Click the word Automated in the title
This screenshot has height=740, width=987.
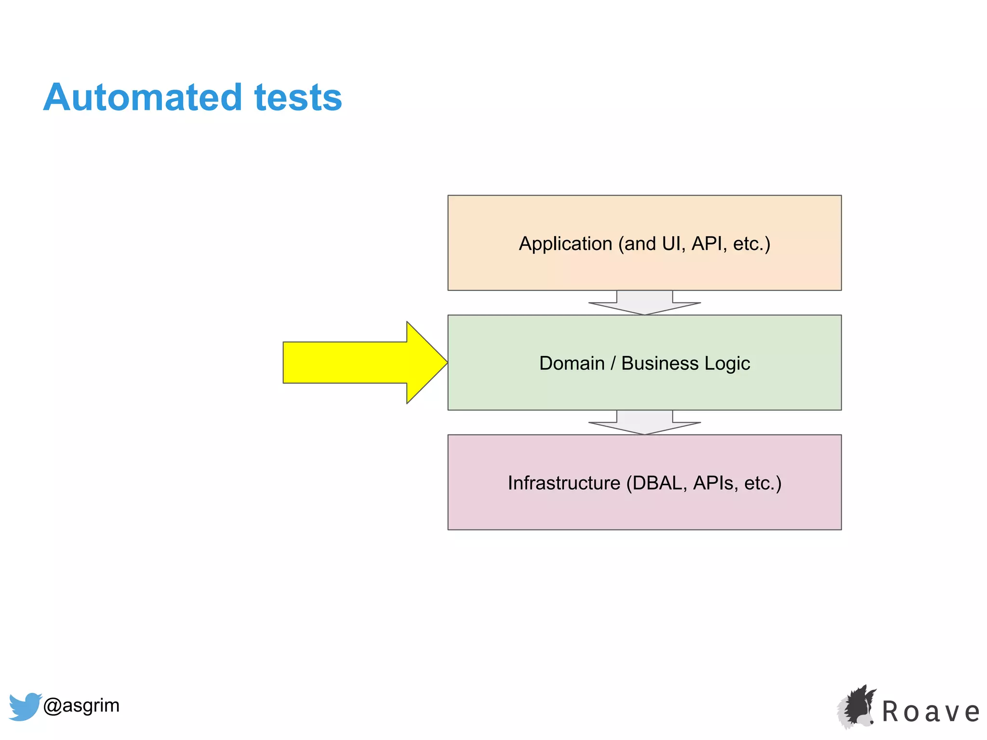point(143,98)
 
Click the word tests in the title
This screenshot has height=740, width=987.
point(298,98)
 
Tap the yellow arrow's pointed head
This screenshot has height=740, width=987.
point(427,362)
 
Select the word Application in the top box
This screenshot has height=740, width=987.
point(565,244)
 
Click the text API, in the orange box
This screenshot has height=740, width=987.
point(708,244)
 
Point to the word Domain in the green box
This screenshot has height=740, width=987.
point(572,363)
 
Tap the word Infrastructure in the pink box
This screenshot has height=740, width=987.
point(564,483)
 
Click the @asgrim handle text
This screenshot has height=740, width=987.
point(81,705)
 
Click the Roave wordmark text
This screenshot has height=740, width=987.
point(931,712)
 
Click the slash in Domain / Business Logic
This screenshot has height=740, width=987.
point(613,363)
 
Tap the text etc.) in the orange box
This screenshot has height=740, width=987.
point(751,244)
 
